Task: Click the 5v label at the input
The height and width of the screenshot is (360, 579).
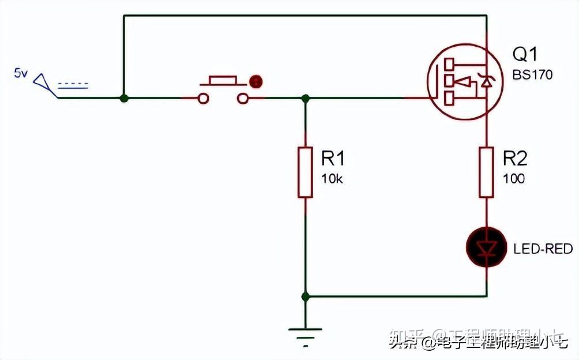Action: [x=21, y=73]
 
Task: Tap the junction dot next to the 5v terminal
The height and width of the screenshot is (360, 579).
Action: [x=123, y=98]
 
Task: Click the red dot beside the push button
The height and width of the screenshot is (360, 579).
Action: [x=254, y=81]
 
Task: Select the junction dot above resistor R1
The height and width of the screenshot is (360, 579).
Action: [x=306, y=98]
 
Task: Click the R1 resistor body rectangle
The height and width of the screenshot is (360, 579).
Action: [x=306, y=172]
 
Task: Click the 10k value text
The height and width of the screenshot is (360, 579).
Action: [x=332, y=179]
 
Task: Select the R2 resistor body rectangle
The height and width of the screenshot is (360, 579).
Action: [x=487, y=172]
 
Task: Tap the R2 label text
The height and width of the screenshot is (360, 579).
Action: [x=514, y=159]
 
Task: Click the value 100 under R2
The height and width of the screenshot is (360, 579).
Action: [x=513, y=179]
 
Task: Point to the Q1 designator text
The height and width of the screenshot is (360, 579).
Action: [x=524, y=55]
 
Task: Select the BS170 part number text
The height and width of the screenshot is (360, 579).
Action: [x=532, y=75]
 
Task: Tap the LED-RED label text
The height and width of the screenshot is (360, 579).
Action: [x=543, y=249]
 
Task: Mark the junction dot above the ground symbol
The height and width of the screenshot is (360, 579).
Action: [x=306, y=297]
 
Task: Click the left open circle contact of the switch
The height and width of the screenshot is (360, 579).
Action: [x=203, y=99]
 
